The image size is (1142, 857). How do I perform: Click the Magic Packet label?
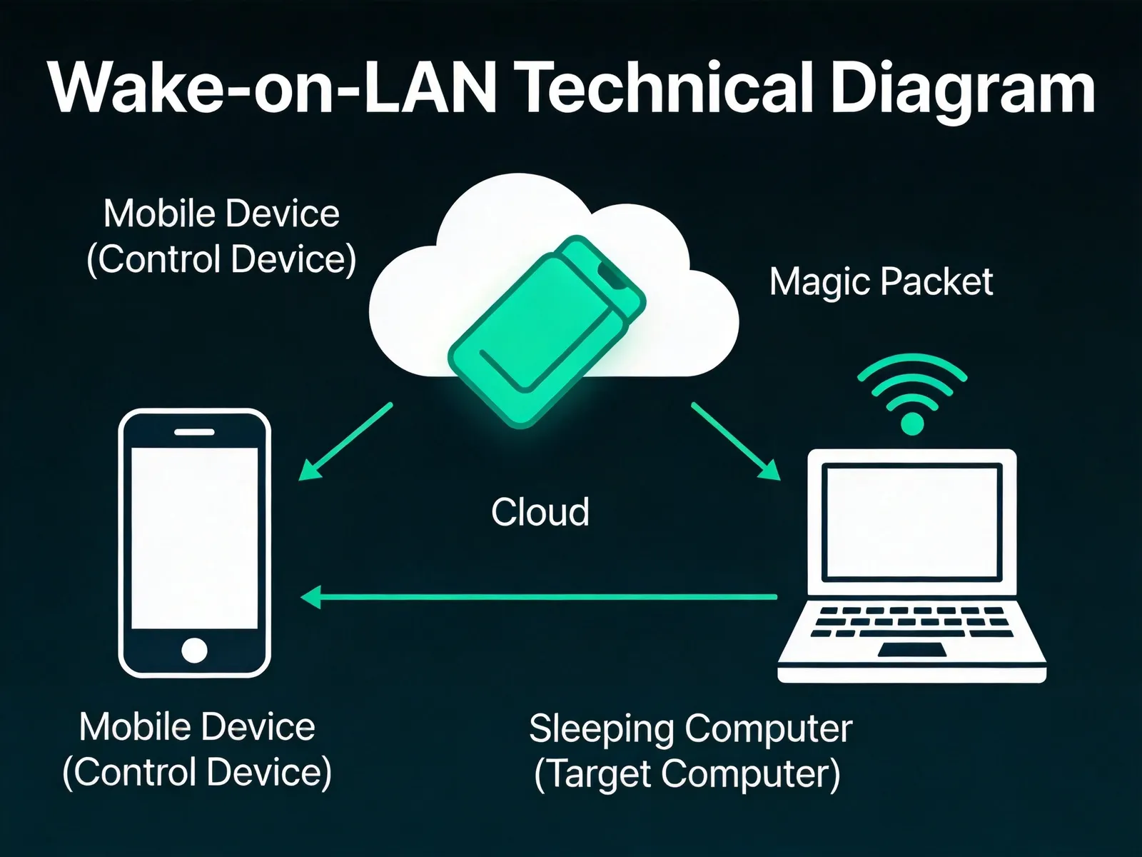[881, 283]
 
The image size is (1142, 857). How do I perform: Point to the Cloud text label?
[540, 512]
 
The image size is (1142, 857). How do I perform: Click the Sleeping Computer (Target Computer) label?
[690, 751]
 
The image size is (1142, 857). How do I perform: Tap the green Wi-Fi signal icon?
[912, 394]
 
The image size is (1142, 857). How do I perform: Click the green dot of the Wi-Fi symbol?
[912, 423]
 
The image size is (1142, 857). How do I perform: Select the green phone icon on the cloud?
[547, 331]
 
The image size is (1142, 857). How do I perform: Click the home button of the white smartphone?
[194, 650]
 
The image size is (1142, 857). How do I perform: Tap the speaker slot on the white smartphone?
[194, 432]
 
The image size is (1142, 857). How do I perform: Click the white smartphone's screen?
[194, 538]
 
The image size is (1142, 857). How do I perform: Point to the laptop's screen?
[911, 522]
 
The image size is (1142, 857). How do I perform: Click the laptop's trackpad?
[911, 649]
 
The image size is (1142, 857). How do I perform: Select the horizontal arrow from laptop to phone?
[538, 597]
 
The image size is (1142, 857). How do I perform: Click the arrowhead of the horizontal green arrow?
[311, 597]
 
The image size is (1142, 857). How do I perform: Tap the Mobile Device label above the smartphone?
[221, 236]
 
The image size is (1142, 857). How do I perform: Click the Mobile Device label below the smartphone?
[197, 750]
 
